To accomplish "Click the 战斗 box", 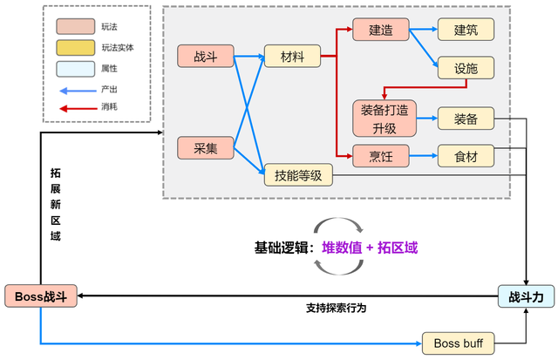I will tap(205, 58).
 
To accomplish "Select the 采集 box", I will tap(205, 148).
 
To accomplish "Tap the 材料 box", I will tap(291, 58).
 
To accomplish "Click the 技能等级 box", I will tap(298, 176).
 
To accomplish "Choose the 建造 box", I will tap(380, 31).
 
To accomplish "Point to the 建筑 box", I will tap(466, 31).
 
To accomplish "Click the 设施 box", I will tap(466, 69).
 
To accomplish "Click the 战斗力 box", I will tap(526, 296).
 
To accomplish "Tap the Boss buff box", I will tap(458, 343).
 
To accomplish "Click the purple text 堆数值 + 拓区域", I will tap(371, 247).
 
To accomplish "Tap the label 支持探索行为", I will tap(336, 309).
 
